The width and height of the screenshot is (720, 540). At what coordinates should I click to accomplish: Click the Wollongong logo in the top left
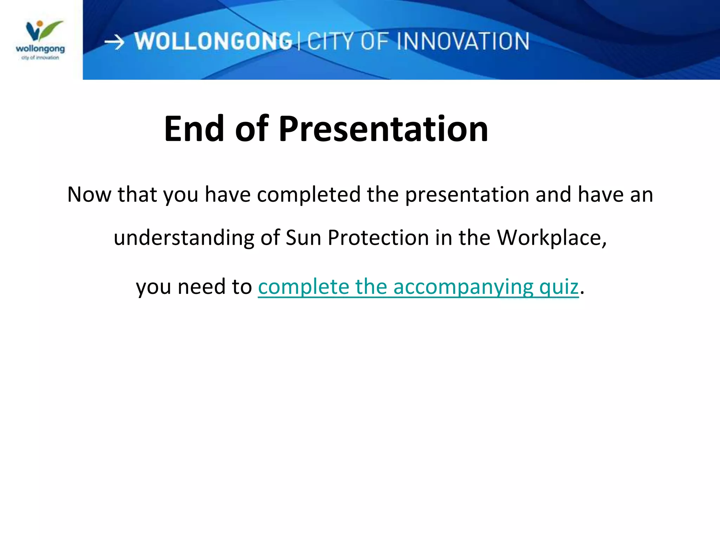point(40,40)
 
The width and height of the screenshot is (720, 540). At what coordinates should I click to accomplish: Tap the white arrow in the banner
point(115,43)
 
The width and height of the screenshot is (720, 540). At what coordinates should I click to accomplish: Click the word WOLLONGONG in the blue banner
point(213,41)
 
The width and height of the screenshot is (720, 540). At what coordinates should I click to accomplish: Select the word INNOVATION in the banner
point(463,41)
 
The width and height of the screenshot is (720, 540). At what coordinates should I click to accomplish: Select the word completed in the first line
point(309,194)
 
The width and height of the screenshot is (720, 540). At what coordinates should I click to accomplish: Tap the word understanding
point(184,238)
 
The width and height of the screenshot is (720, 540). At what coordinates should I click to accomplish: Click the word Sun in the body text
point(303,238)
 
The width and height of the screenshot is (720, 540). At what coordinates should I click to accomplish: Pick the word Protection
point(378,238)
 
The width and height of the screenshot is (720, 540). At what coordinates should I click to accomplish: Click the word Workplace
point(551,238)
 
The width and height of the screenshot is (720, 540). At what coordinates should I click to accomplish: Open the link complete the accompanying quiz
point(418,287)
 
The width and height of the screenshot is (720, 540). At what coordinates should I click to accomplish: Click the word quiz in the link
point(559,287)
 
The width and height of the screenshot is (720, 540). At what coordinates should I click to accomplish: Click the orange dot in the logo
point(40,24)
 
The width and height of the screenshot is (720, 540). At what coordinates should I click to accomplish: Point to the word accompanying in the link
point(463,287)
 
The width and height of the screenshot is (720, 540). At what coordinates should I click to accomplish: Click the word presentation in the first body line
point(467,194)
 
